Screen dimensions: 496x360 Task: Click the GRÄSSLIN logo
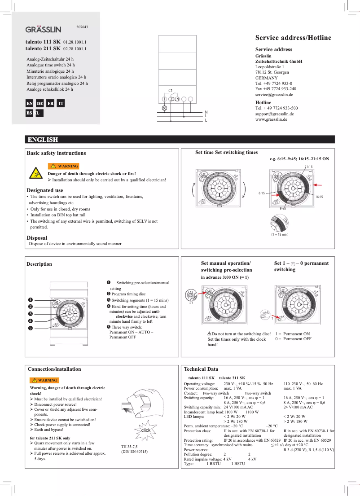(43, 30)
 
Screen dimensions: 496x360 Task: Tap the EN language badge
(29, 104)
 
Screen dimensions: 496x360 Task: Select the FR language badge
(51, 104)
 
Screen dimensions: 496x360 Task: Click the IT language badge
(61, 104)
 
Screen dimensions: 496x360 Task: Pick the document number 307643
(82, 27)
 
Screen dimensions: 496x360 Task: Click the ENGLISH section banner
(43, 140)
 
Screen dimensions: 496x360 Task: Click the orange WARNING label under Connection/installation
(44, 380)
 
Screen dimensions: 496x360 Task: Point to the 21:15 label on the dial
(308, 167)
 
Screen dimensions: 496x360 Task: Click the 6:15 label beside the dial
(262, 193)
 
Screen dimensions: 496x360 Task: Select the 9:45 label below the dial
(283, 209)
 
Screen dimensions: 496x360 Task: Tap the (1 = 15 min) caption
(280, 235)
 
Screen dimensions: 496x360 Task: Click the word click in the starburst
(146, 430)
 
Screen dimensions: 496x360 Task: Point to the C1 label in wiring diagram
(171, 91)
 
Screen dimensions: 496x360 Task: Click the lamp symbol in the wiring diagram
(164, 108)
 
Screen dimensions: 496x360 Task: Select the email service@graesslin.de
(274, 95)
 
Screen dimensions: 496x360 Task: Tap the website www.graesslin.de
(271, 120)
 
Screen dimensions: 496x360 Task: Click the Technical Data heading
(201, 369)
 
